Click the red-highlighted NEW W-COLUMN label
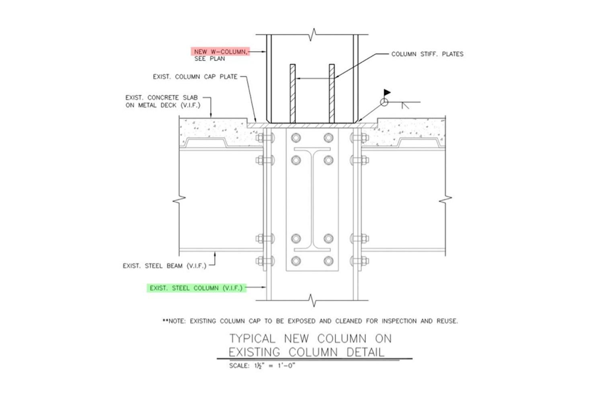tap(220, 51)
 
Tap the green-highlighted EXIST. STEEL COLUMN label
tap(196, 288)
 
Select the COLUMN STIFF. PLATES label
tap(427, 54)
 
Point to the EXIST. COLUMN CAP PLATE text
tap(195, 77)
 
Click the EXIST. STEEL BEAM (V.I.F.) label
tap(164, 266)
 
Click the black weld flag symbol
tap(387, 92)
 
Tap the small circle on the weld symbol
tap(384, 103)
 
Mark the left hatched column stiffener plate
tap(293, 94)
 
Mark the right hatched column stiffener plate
tap(332, 94)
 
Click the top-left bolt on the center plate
tap(296, 138)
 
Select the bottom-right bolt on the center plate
tap(328, 261)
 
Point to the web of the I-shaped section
tap(312, 199)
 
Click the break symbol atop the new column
tap(312, 35)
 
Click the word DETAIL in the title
tap(365, 352)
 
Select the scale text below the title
tap(262, 366)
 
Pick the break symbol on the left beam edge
tap(179, 199)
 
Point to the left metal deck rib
tap(206, 143)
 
